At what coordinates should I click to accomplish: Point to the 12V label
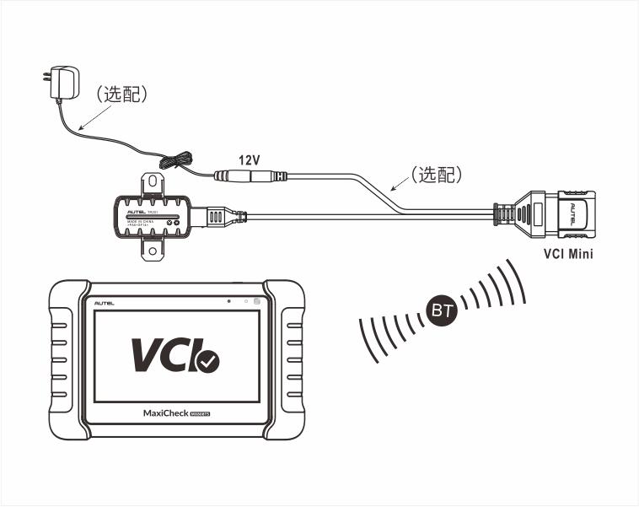click(x=250, y=159)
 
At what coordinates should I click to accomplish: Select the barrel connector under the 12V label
click(x=250, y=176)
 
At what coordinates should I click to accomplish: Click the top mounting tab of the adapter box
click(x=153, y=183)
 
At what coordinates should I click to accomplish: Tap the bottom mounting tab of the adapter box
click(x=153, y=247)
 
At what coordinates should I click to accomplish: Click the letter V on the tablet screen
click(x=148, y=354)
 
